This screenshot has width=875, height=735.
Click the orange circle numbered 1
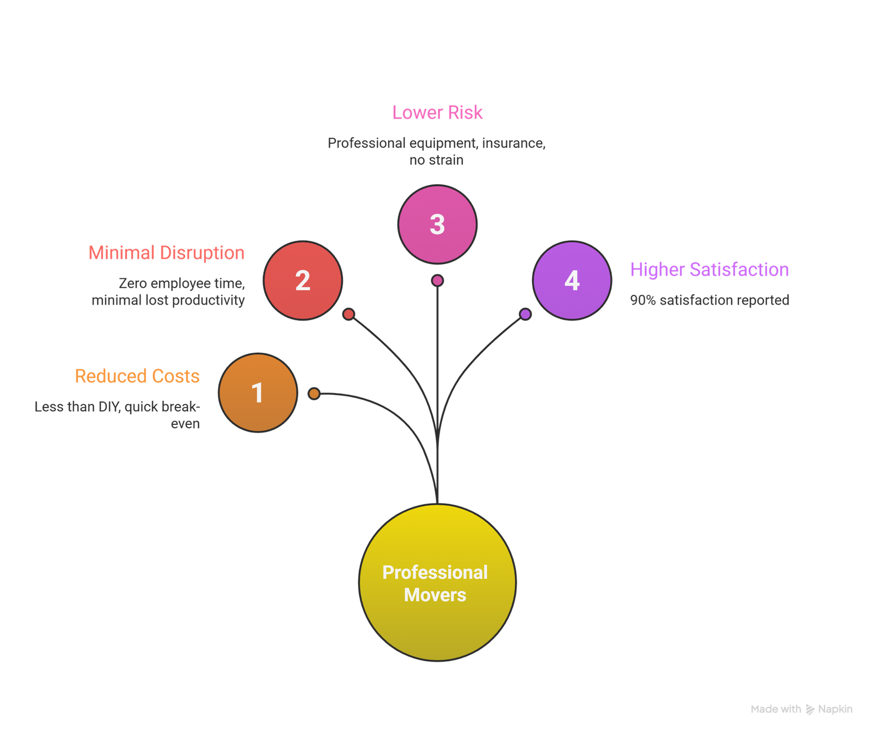pos(258,393)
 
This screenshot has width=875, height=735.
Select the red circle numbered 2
pos(302,281)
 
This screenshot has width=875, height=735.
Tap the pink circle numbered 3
pos(437,224)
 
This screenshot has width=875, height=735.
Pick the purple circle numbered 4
pos(571,281)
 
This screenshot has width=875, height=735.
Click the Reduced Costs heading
pos(137,376)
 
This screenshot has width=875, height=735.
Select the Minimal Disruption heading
pos(166,253)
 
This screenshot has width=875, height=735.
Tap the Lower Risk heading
pos(437,113)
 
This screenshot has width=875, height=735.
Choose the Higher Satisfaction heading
pos(709,270)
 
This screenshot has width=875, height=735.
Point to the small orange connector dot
pos(314,394)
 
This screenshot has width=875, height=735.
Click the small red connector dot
pos(348,314)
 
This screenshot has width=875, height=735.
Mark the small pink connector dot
pos(437,281)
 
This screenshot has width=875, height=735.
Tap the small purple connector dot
pos(525,314)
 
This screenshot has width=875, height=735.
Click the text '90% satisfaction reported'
pos(709,300)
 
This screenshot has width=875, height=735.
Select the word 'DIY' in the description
pos(109,407)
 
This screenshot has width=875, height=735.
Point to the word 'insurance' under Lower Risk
pos(513,143)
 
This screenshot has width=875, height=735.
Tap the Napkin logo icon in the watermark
pos(810,709)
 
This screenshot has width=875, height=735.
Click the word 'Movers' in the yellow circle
pos(435,595)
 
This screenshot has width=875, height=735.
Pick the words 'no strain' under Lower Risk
pos(436,160)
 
